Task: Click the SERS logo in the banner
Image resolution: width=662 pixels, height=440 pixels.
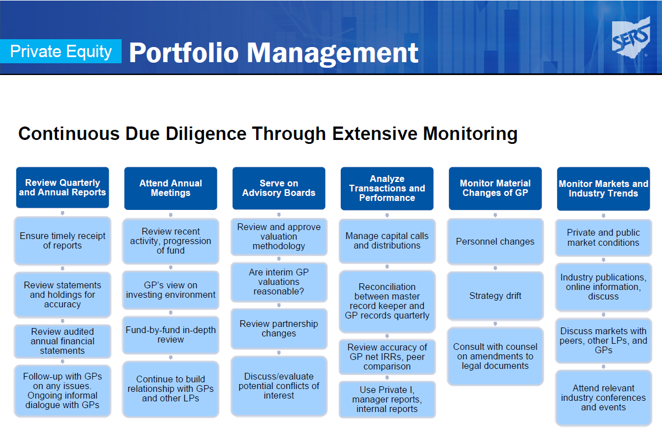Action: (631, 38)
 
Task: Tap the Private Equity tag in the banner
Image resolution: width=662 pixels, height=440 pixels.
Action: (61, 52)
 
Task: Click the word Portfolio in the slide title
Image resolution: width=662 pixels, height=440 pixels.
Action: (184, 53)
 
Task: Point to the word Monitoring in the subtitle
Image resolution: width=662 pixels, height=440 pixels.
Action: (470, 134)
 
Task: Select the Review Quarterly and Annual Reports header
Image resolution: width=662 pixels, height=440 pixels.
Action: (62, 188)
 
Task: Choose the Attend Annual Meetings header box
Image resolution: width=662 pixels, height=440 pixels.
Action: (170, 189)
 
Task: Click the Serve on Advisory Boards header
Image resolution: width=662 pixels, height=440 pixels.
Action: (279, 189)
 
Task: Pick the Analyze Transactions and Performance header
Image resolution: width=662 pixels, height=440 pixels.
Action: (387, 189)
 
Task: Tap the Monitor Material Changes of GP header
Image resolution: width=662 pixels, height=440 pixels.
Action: (495, 189)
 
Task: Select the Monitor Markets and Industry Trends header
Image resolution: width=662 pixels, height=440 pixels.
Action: (603, 189)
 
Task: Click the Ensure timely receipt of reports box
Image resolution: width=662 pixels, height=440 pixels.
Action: (62, 241)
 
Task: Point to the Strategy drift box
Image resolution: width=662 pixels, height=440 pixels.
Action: (495, 296)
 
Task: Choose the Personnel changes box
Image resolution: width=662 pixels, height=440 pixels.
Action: (495, 241)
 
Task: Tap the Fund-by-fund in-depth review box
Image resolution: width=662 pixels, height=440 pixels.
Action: (170, 335)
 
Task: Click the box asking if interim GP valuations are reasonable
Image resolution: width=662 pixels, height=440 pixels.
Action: (279, 282)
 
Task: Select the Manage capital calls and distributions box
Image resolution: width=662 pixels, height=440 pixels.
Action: (387, 241)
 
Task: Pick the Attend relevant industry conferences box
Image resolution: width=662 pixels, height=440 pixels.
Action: (603, 398)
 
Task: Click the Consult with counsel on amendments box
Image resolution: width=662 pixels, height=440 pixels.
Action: (495, 356)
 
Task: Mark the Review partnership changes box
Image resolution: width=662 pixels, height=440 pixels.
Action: (279, 329)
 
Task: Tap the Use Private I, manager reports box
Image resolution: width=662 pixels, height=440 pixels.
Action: (387, 400)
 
